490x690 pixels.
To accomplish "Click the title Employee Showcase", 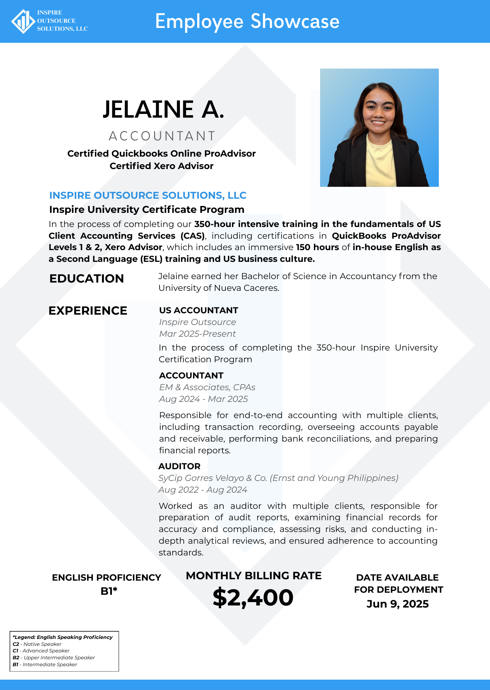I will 247,21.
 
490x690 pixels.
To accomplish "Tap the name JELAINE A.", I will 163,109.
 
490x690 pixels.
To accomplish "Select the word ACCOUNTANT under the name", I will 162,136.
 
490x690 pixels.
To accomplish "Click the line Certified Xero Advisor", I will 161,166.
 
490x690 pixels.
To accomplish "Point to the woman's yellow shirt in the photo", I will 379,162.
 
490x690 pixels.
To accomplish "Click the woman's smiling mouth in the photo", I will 378,122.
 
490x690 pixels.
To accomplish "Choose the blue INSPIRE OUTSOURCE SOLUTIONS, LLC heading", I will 148,195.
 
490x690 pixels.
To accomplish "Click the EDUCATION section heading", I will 86,278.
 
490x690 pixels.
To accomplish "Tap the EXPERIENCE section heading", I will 88,310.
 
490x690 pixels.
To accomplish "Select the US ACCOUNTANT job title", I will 199,310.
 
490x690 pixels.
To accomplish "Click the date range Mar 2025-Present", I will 197,334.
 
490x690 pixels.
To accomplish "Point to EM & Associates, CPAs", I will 207,387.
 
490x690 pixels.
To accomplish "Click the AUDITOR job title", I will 179,466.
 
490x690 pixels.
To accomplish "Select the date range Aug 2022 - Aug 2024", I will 203,490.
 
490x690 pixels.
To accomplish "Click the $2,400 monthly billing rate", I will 253,598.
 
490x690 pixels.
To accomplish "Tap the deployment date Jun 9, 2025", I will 397,604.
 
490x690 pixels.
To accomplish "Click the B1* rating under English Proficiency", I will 109,591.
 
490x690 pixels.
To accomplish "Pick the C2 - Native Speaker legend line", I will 37,644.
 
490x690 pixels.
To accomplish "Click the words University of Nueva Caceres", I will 218,288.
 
